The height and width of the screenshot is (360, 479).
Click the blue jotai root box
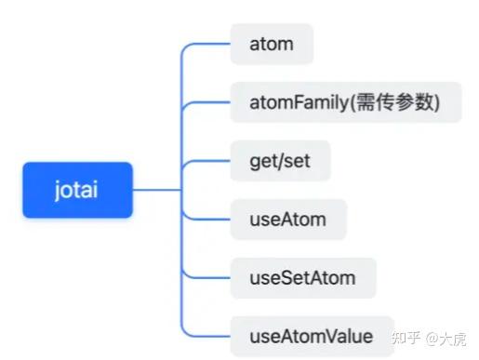coord(78,190)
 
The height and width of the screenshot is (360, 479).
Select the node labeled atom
coord(272,45)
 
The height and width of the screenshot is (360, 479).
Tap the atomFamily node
coord(345,102)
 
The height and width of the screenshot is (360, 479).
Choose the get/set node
coord(280,161)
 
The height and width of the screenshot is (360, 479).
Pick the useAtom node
coord(288,220)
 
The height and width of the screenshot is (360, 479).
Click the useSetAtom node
coord(302,278)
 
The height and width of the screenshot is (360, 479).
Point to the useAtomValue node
coord(312,336)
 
